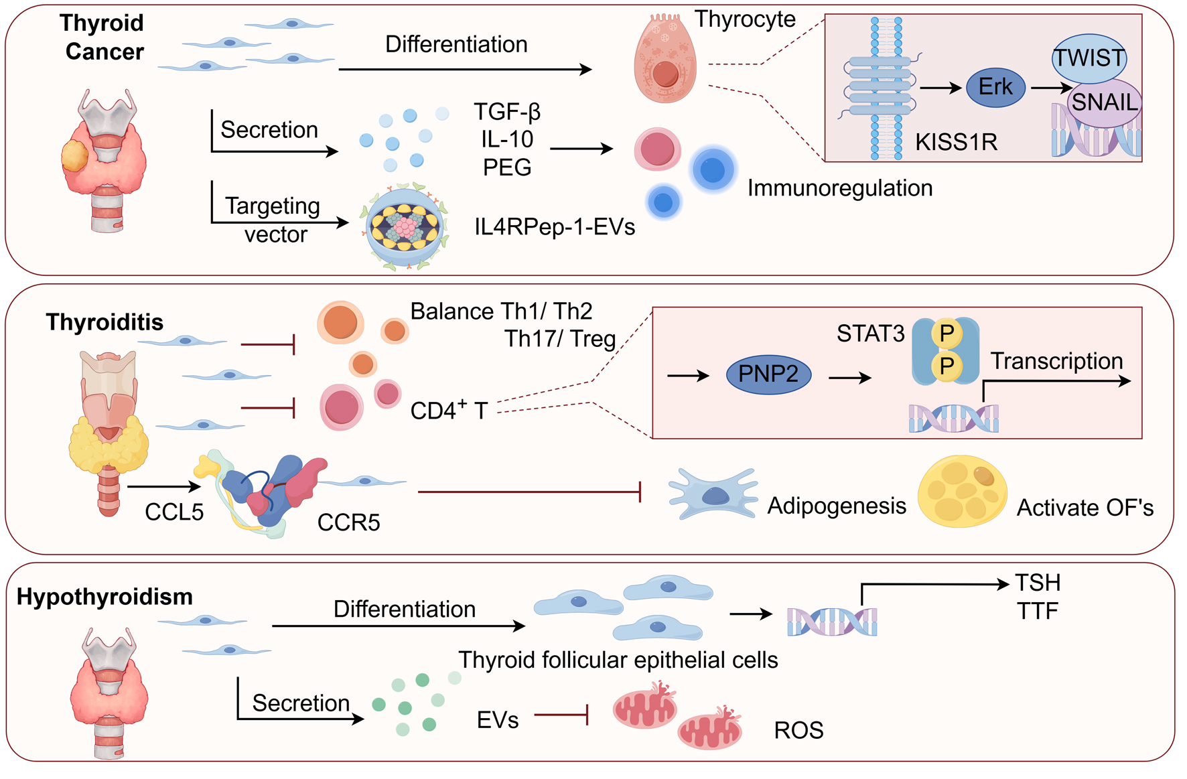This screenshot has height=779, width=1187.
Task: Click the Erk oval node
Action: coord(995,87)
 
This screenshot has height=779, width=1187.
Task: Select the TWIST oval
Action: coord(1089,58)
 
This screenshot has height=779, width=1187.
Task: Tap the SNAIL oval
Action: coord(1105,102)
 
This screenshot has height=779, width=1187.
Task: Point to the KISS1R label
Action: coord(956,142)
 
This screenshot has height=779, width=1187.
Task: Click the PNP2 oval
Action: coord(768,374)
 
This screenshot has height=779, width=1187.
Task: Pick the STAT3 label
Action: coord(870,334)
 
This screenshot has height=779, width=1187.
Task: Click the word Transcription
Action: coord(1056,361)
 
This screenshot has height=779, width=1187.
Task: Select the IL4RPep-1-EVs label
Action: coord(555,227)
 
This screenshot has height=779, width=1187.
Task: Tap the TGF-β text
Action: coord(507,111)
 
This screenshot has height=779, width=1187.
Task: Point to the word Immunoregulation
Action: coord(839,188)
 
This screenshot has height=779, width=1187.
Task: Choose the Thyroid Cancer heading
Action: coord(102,38)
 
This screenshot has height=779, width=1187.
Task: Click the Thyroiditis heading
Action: coord(104,322)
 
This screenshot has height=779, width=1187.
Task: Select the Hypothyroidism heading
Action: coord(104,596)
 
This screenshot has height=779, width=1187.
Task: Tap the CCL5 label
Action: coord(174,512)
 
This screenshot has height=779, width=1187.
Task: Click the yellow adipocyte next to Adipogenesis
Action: coord(962,492)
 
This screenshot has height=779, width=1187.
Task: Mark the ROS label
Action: coord(798,730)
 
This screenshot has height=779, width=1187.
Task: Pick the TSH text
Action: coord(1038,583)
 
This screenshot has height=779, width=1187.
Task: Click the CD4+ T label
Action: coord(449,411)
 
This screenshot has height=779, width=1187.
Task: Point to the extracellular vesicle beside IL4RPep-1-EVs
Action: coord(405,228)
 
